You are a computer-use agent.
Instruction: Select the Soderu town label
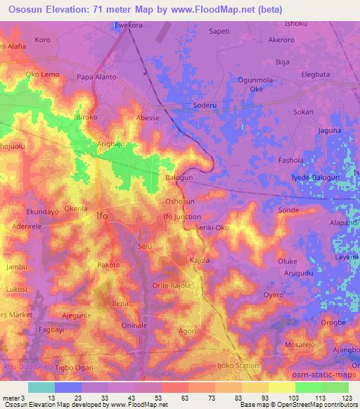coord(203,106)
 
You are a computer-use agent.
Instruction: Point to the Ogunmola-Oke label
coord(250,84)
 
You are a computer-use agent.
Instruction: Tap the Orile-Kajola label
coord(172,285)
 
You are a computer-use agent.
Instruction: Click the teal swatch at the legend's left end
coord(41,387)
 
